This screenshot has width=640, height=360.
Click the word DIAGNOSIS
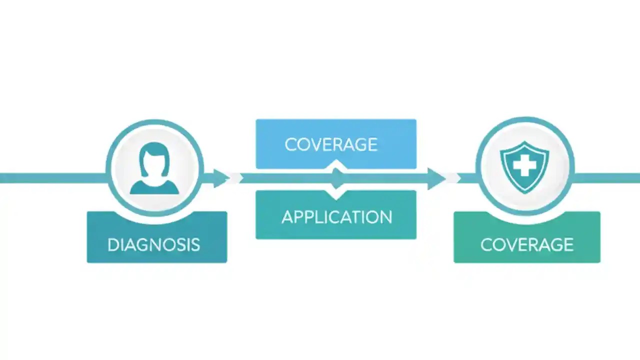point(153,244)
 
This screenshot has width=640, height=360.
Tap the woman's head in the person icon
point(154,159)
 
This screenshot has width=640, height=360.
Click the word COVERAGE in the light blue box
point(330,144)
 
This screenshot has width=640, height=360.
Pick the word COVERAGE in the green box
point(526,244)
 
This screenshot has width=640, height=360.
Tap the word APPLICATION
point(336,217)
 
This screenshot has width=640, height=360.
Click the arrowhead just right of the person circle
point(220,178)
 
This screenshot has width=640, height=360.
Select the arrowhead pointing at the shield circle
point(436,178)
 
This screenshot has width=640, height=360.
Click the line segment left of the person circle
point(50,178)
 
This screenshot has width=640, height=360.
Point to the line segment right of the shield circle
point(607,178)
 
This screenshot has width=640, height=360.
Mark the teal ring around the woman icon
point(108,167)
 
